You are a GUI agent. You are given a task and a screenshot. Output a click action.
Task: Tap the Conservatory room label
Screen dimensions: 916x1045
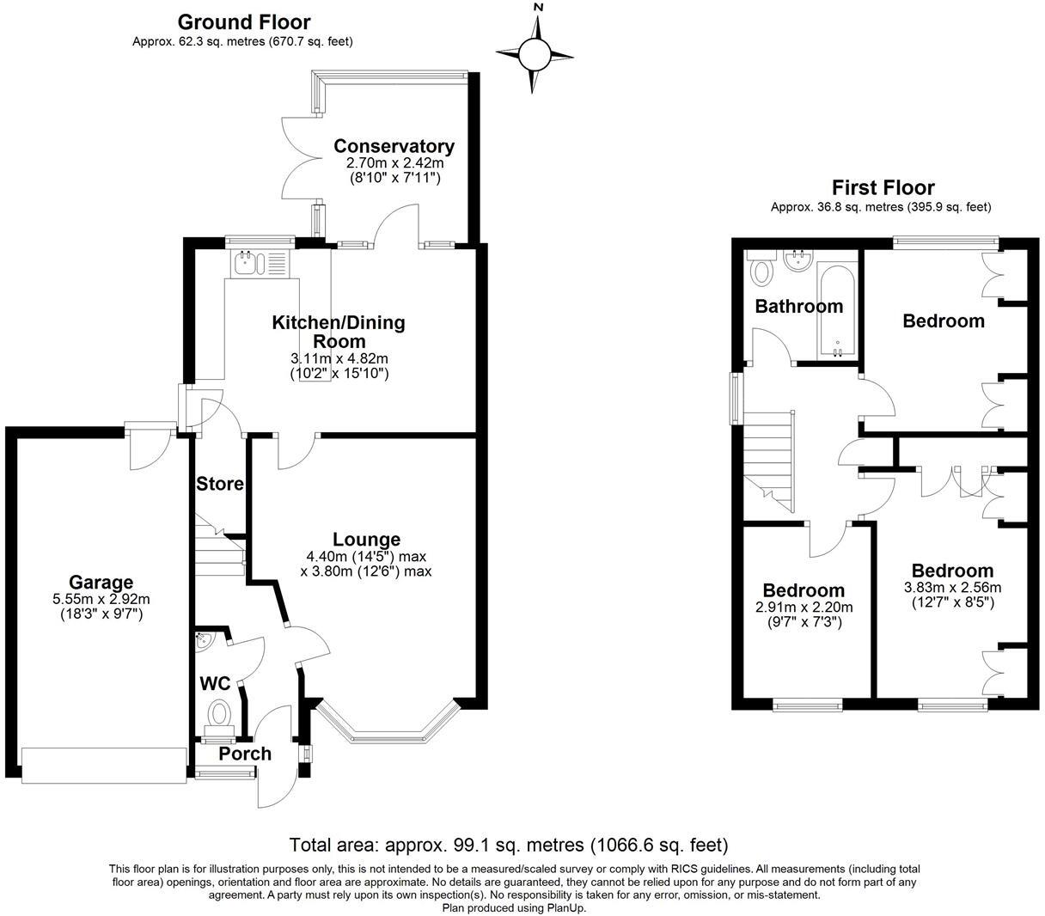[x=394, y=146]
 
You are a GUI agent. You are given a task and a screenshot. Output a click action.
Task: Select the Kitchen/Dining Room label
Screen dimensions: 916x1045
[x=339, y=332]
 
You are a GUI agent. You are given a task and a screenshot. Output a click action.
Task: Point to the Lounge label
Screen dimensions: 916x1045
[x=367, y=540]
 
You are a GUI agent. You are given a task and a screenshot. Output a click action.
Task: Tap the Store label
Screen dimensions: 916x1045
[x=220, y=484]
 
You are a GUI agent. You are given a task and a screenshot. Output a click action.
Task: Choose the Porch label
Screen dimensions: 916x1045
[x=245, y=754]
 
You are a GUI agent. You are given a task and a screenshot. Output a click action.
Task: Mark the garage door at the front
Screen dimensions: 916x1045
[x=104, y=765]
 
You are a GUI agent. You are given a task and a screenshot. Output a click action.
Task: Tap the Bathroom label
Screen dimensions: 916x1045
[x=798, y=306]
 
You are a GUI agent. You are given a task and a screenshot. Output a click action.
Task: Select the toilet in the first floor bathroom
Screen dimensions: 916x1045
[x=761, y=271]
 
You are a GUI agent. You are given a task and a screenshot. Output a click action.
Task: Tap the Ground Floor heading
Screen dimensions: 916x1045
[x=243, y=22]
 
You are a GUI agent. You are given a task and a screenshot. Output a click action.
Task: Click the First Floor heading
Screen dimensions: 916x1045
[x=883, y=187]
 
